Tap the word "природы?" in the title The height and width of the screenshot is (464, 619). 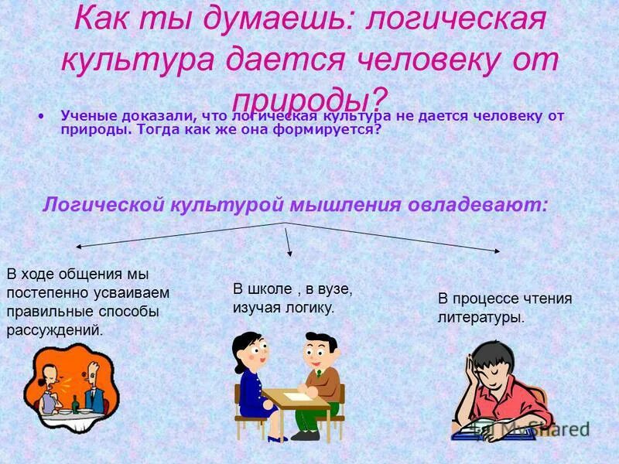(x=309, y=98)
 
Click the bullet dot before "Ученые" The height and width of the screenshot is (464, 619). (x=39, y=117)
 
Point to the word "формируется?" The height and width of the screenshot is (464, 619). (x=336, y=130)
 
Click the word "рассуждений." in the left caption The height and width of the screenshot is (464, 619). (x=54, y=329)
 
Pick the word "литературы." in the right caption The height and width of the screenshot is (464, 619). (x=480, y=317)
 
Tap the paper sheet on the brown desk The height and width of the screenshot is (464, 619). (x=296, y=396)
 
